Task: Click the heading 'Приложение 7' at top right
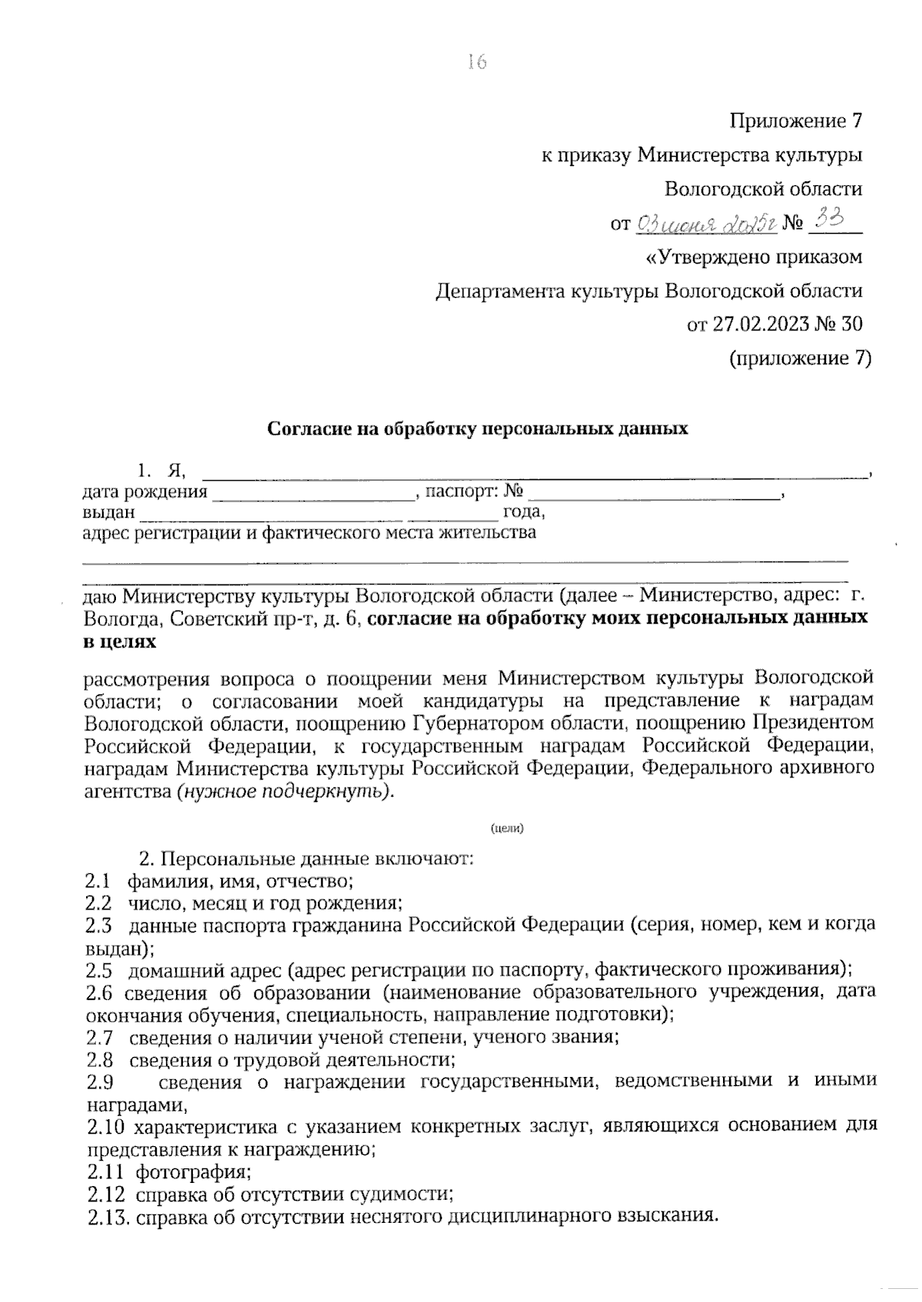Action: tap(795, 121)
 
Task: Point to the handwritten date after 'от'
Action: tap(706, 224)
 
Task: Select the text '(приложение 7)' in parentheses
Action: tap(800, 358)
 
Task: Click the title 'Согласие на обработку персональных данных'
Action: tap(477, 429)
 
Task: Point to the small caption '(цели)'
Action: tap(506, 829)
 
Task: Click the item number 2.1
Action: tap(97, 880)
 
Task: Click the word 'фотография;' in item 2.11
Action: tap(194, 1172)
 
